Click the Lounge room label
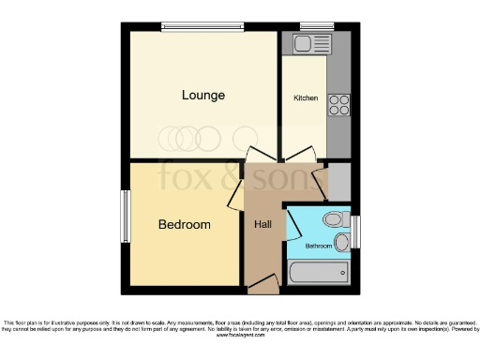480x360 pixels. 203,95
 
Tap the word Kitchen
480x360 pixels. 306,98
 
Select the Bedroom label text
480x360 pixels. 184,225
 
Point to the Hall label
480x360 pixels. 262,225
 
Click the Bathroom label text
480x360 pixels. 319,247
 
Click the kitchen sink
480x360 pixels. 307,43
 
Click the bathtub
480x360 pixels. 319,273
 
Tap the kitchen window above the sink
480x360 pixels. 312,26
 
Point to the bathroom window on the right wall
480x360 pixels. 355,232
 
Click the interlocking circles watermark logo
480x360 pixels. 187,137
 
